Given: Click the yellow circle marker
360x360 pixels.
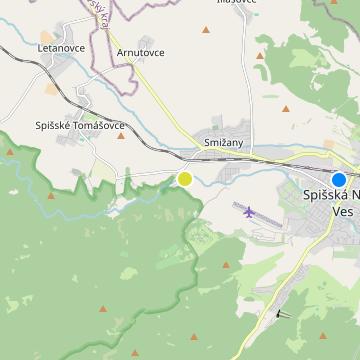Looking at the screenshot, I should [185, 179].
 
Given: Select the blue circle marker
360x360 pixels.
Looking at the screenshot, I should [339, 179].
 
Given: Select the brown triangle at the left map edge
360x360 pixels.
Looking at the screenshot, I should [10, 152].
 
